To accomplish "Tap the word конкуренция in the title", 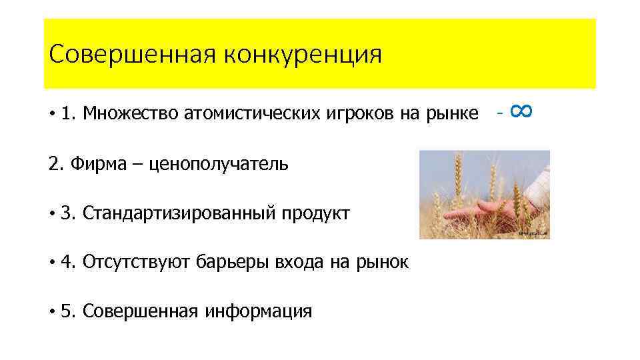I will pos(303,54).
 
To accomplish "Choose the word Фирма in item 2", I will pos(93,163).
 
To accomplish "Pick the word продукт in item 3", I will pos(315,213).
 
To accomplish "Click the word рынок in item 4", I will pos(385,262).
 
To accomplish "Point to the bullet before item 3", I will pos(51,213).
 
